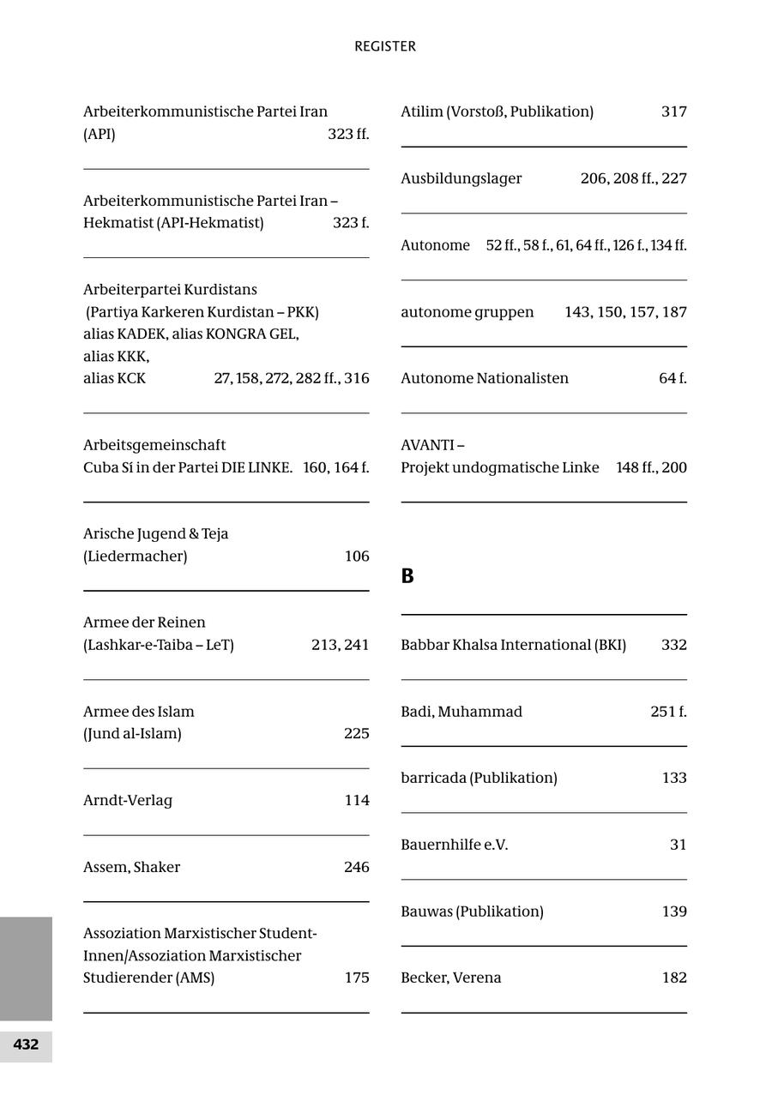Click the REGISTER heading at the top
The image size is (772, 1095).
click(385, 46)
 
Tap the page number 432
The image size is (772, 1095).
click(26, 1044)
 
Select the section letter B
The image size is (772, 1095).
click(407, 576)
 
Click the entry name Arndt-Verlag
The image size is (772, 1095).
click(128, 800)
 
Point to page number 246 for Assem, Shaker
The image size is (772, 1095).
click(356, 867)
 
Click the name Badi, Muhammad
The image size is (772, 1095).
click(461, 712)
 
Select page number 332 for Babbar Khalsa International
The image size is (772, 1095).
click(673, 645)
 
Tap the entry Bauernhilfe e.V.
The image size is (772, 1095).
click(455, 845)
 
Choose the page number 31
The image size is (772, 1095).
click(678, 845)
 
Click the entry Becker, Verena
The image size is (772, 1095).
click(451, 978)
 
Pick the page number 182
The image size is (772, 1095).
click(673, 978)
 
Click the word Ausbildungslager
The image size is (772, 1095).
click(461, 178)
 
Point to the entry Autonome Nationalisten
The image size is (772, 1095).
click(485, 378)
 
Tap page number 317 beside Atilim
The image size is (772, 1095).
click(673, 111)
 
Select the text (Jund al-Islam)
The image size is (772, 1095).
click(132, 733)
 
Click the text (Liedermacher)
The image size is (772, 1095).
click(136, 556)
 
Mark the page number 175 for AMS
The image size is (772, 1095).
click(356, 978)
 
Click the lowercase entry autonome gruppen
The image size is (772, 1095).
click(467, 312)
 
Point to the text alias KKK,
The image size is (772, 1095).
click(117, 356)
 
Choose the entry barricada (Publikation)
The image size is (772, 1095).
click(479, 778)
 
